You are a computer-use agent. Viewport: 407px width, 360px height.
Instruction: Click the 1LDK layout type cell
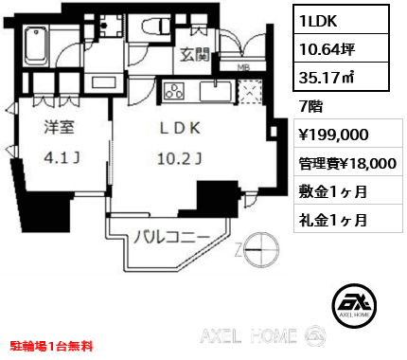(341, 20)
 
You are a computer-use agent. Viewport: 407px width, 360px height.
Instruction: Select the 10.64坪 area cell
(341, 48)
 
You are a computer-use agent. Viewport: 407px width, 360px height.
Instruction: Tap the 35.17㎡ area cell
(341, 77)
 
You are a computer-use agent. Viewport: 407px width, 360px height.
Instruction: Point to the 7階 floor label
(310, 107)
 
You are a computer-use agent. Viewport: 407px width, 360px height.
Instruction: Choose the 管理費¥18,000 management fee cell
(348, 162)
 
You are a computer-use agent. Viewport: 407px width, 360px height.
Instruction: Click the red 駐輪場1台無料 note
(51, 346)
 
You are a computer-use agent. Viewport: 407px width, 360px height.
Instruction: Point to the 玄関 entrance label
(195, 55)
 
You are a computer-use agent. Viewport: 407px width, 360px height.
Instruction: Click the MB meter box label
(241, 67)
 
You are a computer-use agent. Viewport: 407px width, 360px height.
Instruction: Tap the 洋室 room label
(59, 127)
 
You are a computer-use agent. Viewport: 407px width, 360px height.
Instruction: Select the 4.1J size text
(62, 157)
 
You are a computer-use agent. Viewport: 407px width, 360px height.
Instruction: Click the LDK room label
(180, 128)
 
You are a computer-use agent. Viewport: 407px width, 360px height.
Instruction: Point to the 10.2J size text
(179, 159)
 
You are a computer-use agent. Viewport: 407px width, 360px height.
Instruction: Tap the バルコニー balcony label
(171, 238)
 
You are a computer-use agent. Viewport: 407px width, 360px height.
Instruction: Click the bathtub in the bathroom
(37, 46)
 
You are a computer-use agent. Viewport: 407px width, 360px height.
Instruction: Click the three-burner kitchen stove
(173, 91)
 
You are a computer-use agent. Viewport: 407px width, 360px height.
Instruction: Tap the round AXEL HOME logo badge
(354, 305)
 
